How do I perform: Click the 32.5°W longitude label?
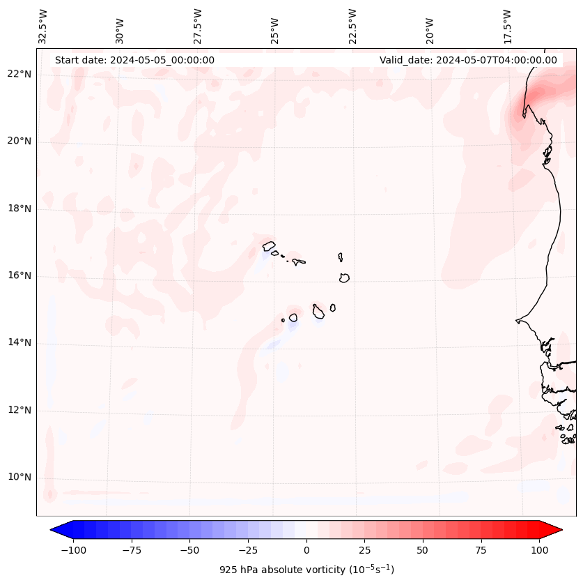(x=43, y=26)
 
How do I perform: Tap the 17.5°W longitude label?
(x=507, y=26)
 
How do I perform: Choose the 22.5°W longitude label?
(x=352, y=26)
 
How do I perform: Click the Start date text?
(x=134, y=60)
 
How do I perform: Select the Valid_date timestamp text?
(x=468, y=60)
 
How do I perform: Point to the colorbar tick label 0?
(x=306, y=550)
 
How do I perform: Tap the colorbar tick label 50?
(x=422, y=550)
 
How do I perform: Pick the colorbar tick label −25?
(x=247, y=550)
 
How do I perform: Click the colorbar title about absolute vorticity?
(x=306, y=570)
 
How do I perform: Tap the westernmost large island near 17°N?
(x=269, y=245)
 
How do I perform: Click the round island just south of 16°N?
(x=344, y=278)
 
